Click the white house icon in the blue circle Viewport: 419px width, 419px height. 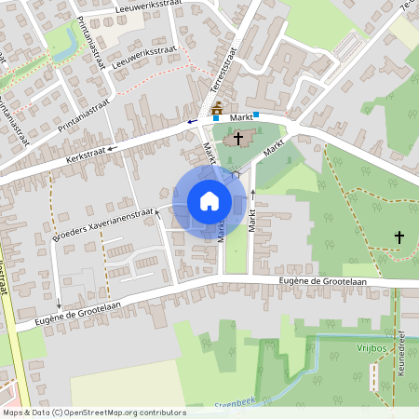click(x=209, y=200)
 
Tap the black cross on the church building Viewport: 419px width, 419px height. click(x=238, y=139)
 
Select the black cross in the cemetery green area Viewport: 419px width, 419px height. click(x=399, y=237)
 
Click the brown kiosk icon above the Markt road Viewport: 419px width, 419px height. click(x=217, y=110)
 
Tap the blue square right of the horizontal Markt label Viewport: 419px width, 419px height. click(x=256, y=114)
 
